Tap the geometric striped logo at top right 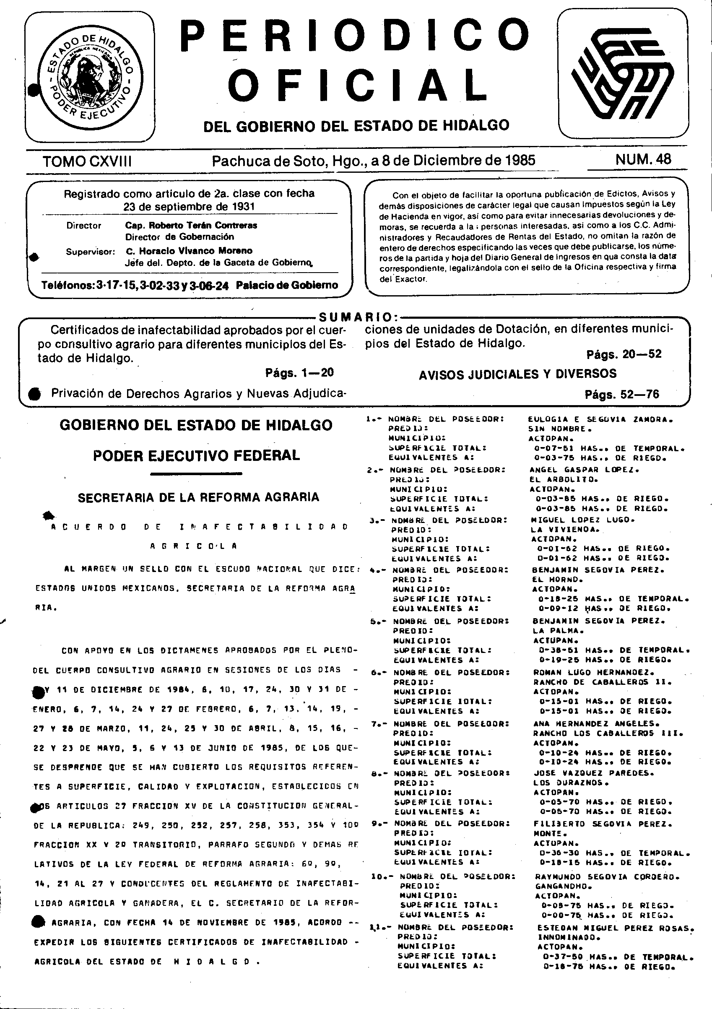(x=622, y=73)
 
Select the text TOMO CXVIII (x=87, y=162)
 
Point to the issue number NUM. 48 (x=643, y=159)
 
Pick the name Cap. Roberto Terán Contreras (x=191, y=226)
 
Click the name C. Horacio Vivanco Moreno (x=189, y=251)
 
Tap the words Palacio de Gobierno (x=286, y=285)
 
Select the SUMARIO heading (x=355, y=317)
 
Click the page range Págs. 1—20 (x=299, y=373)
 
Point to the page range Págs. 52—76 (x=622, y=394)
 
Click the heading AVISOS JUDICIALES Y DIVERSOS (x=517, y=374)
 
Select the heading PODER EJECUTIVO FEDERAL (x=197, y=455)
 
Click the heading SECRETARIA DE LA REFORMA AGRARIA (x=198, y=497)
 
